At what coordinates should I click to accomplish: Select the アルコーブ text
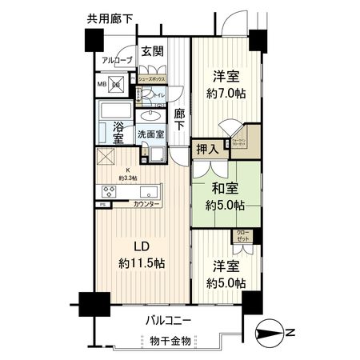point(116,60)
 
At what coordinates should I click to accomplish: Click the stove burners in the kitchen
point(110,190)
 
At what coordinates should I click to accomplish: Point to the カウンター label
point(146,206)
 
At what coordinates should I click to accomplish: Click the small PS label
point(102,206)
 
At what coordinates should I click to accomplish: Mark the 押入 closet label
point(207,149)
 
